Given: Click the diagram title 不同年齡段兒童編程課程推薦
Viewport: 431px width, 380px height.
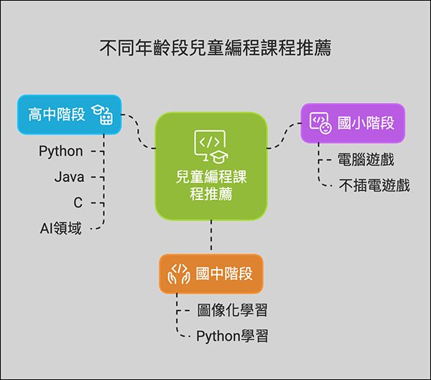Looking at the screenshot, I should pos(215,49).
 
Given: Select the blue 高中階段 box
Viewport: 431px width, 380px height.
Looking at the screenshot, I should pos(69,114).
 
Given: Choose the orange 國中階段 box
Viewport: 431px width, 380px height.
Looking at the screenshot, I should pos(211,273).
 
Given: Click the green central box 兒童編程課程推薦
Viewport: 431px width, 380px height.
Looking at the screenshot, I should pos(211,166).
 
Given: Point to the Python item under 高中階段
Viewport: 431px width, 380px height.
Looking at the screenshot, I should pos(61,151).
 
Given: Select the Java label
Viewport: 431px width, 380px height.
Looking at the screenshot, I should pos(70,177).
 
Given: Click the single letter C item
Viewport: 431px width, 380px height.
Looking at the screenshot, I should pos(78,203).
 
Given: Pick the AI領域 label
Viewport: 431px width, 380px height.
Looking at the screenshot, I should pos(60,229).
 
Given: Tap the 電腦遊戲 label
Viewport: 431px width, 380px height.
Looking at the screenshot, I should pos(366,160).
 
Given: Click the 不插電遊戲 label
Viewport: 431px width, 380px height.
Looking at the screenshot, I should pos(374,186).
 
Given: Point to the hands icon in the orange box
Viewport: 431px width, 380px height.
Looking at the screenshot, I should pos(178,273).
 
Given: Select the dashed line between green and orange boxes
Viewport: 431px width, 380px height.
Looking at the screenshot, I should pos(211,237).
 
